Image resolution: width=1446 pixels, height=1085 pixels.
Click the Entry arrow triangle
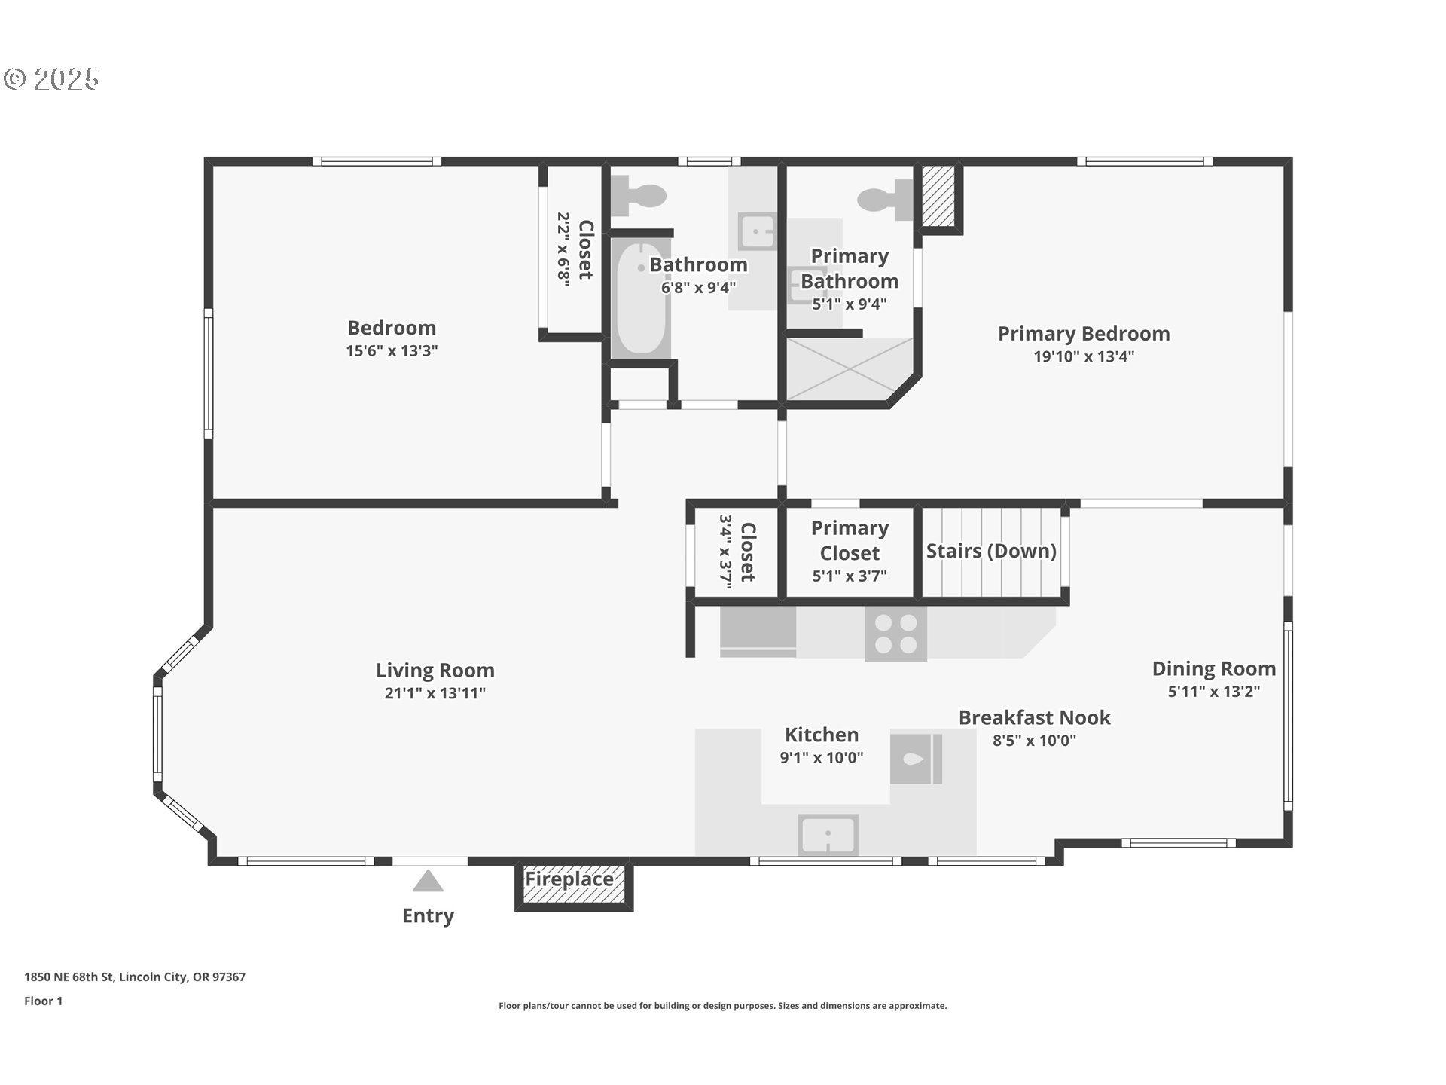[428, 881]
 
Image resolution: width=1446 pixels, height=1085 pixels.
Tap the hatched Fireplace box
[573, 885]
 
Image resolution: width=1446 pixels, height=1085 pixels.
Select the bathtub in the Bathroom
[640, 298]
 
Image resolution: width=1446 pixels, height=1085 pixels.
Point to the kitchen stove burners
[895, 634]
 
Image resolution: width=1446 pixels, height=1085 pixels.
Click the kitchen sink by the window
[828, 835]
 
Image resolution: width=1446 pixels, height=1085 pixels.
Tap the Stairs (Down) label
[991, 551]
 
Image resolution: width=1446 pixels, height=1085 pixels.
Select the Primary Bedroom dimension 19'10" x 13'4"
[1084, 356]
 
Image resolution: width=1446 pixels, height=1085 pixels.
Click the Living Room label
[435, 670]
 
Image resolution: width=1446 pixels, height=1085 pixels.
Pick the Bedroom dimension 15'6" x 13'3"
[392, 350]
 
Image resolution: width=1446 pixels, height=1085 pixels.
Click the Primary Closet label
[850, 540]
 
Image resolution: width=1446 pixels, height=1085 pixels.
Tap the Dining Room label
[1214, 668]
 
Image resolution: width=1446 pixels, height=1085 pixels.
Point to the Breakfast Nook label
[1034, 717]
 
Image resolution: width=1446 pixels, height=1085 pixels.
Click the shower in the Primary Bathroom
[850, 369]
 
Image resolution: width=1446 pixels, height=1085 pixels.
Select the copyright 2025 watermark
[51, 78]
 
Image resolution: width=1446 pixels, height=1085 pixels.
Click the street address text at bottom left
[135, 976]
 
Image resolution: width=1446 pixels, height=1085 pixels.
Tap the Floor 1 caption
[43, 1001]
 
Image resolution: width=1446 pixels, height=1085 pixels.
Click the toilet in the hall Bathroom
[639, 195]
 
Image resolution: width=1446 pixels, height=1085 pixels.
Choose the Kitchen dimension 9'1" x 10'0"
[822, 757]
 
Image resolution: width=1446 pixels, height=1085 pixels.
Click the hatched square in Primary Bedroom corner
[938, 195]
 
